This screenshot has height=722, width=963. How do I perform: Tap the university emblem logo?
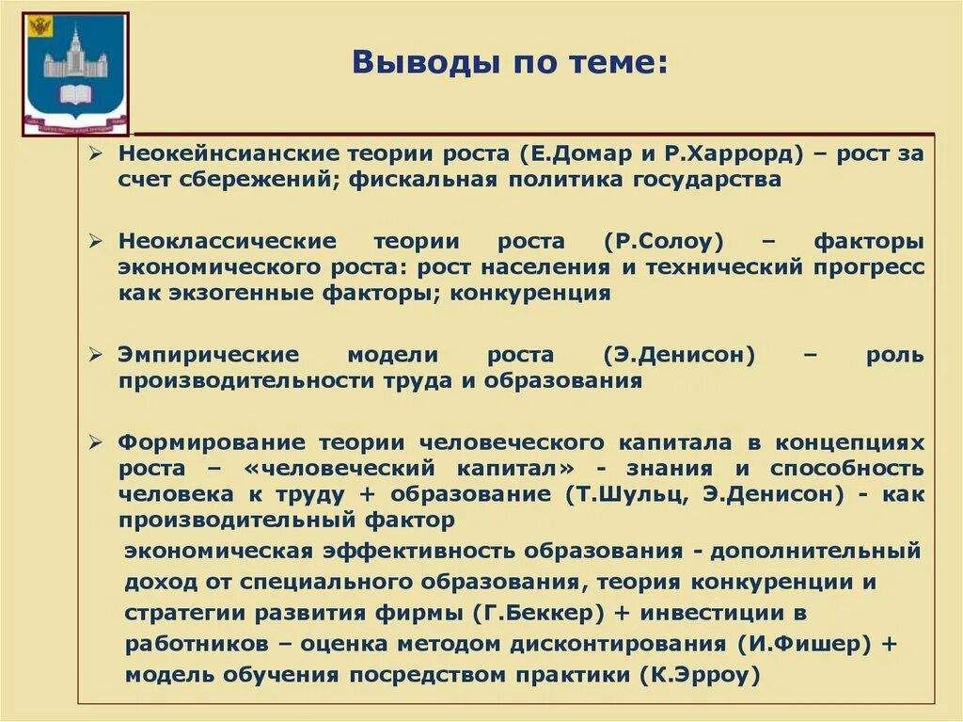[x=75, y=73]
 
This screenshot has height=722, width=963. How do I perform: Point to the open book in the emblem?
[x=75, y=94]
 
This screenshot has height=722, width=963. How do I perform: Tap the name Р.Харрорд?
[x=716, y=153]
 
